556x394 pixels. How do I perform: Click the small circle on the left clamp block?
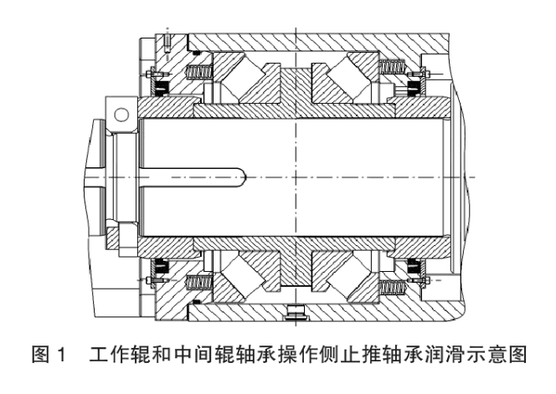pos(122,111)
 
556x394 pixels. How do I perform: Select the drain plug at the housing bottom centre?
pos(293,314)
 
